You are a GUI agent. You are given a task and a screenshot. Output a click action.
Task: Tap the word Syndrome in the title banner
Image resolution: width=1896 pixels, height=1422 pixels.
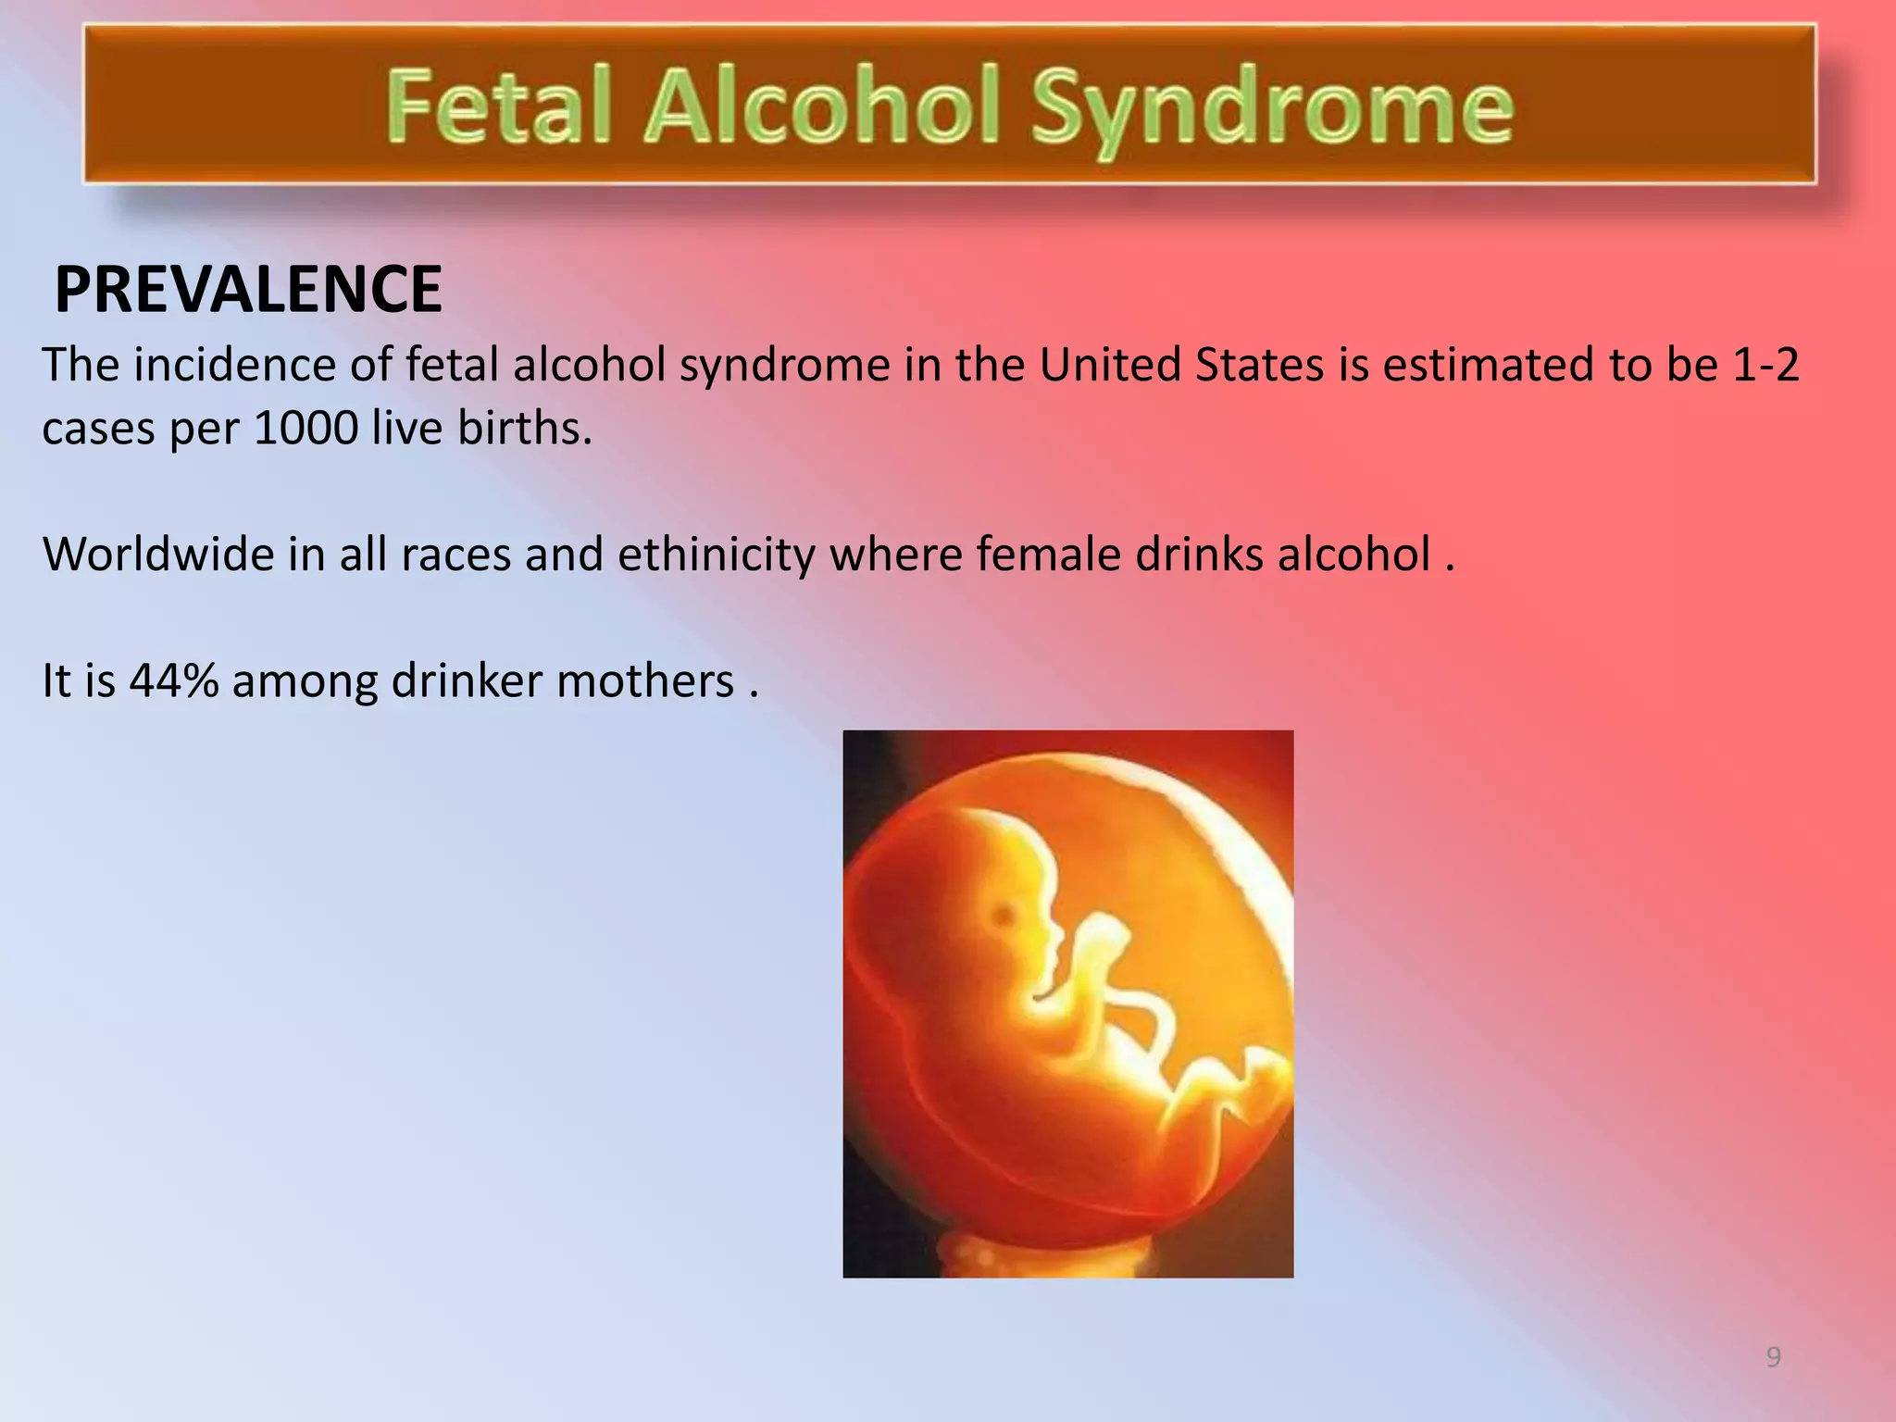click(1271, 109)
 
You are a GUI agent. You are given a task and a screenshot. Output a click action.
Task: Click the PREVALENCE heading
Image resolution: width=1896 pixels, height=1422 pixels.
click(248, 290)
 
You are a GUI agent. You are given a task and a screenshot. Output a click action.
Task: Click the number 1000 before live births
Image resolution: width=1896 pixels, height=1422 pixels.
click(306, 429)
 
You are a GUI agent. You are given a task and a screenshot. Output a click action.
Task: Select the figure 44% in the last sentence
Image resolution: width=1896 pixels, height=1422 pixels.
click(174, 680)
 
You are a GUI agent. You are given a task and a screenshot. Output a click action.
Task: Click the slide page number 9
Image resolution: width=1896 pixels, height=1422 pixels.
click(1773, 1357)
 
